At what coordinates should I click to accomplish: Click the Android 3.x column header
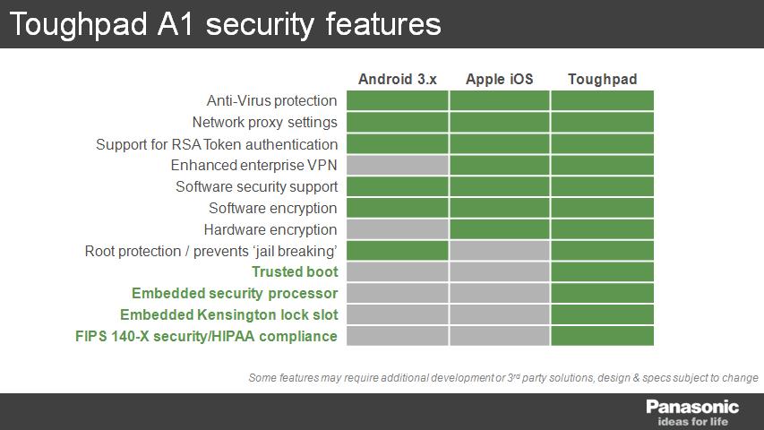coord(397,79)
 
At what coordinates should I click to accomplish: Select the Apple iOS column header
coord(500,79)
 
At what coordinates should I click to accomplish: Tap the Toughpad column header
coord(602,79)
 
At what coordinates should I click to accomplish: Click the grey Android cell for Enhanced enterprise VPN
coord(397,165)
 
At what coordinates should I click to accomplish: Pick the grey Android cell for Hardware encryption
coord(397,229)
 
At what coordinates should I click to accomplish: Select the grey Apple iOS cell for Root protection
coord(500,251)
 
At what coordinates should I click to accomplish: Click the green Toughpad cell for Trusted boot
coord(602,272)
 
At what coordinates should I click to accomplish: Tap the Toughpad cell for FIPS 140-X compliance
coord(602,336)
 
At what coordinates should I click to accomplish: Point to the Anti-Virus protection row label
coord(272,100)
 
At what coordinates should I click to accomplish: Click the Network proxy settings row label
coord(264,123)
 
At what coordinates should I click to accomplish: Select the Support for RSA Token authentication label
coord(217,144)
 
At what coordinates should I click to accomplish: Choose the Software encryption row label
coord(273,208)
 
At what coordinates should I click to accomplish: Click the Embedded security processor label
coord(235,294)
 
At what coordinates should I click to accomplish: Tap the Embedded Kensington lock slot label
coord(229,315)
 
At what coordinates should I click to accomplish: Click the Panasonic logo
coord(692,407)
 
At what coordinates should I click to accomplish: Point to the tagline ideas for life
coord(693,422)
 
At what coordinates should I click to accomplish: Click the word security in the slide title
coord(260,25)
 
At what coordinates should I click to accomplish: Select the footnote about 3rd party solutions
coord(503,378)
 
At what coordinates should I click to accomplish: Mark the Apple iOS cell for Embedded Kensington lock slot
coord(500,315)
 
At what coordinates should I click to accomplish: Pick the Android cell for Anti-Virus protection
coord(397,100)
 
